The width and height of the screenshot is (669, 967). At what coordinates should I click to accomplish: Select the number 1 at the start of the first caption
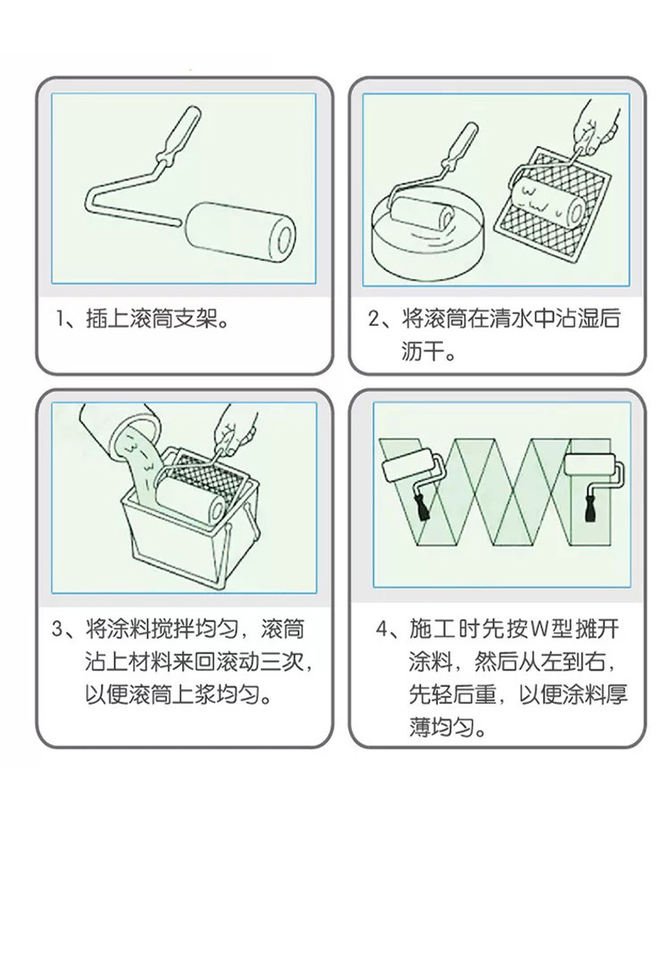(x=60, y=319)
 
